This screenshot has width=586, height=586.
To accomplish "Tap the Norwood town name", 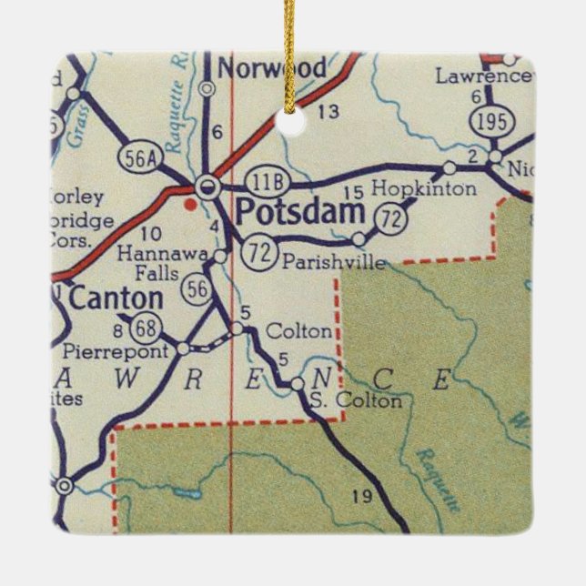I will (270, 68).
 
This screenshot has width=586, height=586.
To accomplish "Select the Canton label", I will (116, 298).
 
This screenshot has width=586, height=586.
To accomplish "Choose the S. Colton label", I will (354, 400).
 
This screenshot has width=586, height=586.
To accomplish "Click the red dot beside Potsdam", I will (189, 204).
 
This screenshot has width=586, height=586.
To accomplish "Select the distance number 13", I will (328, 112).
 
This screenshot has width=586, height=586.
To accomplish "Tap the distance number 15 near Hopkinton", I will (354, 190).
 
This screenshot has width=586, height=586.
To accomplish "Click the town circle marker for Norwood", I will (207, 89).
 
